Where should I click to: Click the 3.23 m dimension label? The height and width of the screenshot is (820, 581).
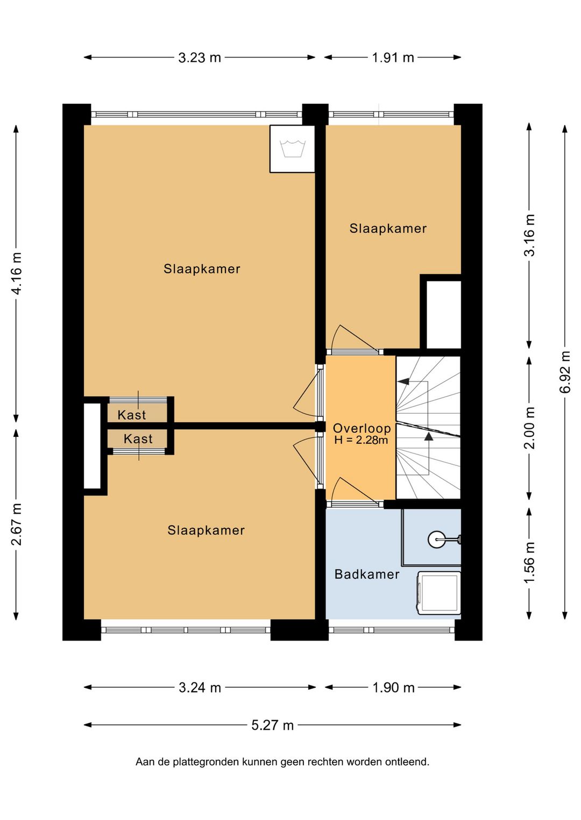[200, 57]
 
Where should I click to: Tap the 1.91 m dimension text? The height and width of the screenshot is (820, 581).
[393, 57]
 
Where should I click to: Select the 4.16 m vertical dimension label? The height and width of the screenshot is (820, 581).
[17, 273]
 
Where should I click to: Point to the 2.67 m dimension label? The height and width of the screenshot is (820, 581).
[17, 524]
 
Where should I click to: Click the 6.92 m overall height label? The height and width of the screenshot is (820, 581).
[565, 371]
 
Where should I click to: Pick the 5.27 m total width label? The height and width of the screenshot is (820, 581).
[272, 725]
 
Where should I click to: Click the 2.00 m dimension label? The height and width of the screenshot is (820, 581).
[529, 428]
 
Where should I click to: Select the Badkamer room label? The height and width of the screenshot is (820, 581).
[367, 574]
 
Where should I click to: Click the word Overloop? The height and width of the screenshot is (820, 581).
[362, 428]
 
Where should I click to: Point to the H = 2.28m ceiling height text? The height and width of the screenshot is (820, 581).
[361, 440]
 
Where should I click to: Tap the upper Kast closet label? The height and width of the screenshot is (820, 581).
[132, 415]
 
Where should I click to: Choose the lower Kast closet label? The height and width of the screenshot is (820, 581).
[138, 438]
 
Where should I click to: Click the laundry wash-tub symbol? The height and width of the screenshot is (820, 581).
[293, 148]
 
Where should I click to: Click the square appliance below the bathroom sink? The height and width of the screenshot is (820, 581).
[438, 593]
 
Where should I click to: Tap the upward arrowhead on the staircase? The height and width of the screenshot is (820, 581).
[428, 436]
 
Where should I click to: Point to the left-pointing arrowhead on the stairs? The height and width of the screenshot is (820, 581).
[403, 382]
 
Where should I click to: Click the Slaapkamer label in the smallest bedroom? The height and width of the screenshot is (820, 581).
[388, 228]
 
